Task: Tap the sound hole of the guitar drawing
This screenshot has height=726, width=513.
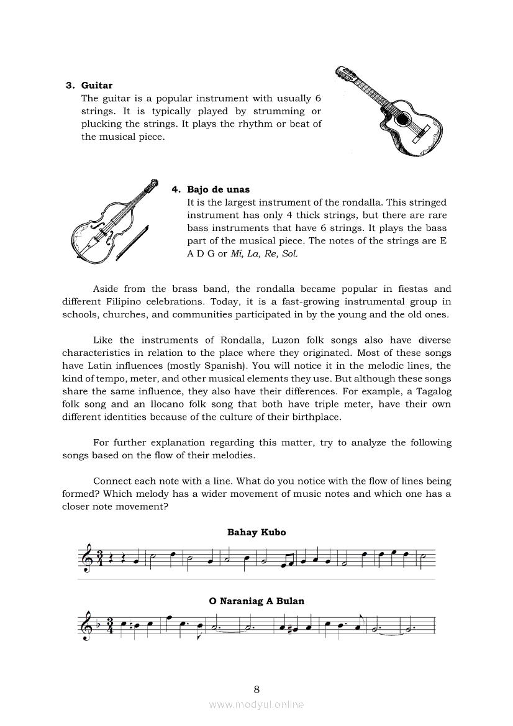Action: coord(404,118)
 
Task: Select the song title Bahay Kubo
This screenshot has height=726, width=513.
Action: coord(256,532)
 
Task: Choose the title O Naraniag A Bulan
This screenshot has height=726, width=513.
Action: coord(256,601)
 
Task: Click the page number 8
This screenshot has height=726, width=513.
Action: coord(256,689)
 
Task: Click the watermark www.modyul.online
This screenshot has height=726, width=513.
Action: coord(256,704)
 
